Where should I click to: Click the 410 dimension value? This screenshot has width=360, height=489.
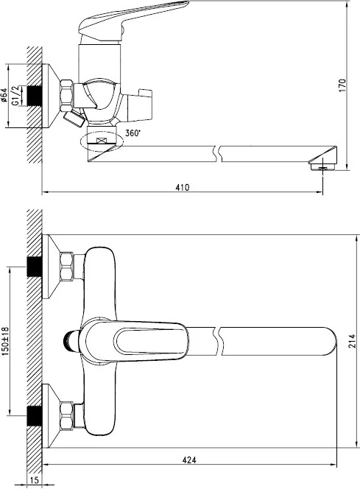(183, 187)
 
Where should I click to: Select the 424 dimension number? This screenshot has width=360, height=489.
(189, 460)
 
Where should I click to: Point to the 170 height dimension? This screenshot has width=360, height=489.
(342, 85)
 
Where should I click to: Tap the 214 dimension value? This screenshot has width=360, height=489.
(352, 341)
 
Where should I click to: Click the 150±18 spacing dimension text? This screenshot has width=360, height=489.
(6, 342)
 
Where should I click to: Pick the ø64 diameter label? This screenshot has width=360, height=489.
(4, 96)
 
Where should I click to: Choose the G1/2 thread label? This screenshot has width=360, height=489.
(16, 96)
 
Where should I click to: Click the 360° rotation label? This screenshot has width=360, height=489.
(133, 133)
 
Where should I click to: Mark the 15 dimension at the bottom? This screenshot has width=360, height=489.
(35, 480)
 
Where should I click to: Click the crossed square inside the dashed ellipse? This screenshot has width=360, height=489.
(102, 141)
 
